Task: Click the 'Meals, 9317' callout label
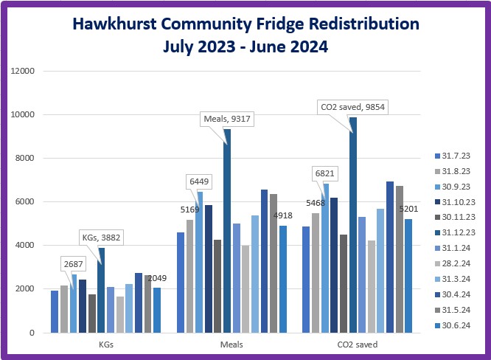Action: [229, 119]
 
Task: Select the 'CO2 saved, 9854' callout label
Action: [352, 107]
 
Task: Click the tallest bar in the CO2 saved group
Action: [353, 225]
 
